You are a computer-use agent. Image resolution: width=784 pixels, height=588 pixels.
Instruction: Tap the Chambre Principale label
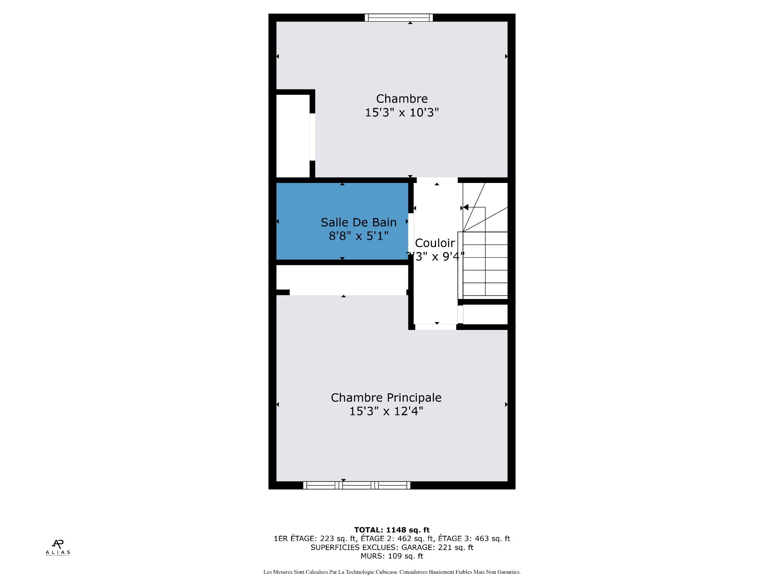[x=386, y=397]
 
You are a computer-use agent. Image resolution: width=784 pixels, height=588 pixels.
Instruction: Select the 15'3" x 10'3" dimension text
[x=402, y=112]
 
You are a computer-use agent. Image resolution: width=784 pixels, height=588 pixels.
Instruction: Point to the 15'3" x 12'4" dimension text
[x=386, y=411]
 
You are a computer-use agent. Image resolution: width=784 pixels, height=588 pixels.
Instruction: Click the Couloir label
[x=435, y=243]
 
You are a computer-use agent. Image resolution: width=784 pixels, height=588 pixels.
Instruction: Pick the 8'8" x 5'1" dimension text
[x=359, y=236]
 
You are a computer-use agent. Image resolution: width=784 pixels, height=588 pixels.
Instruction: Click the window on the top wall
[x=399, y=18]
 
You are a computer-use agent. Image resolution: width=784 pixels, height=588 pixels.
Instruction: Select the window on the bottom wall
[x=356, y=485]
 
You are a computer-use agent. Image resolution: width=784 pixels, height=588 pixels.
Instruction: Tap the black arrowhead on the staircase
[x=466, y=207]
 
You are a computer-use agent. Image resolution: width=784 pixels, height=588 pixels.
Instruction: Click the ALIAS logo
[x=58, y=547]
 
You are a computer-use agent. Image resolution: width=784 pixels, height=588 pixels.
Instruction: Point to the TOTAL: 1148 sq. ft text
[x=392, y=530]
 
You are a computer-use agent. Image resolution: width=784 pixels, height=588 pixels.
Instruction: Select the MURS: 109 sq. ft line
[x=392, y=556]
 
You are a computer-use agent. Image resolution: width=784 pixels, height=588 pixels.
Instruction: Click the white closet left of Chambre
[x=293, y=136]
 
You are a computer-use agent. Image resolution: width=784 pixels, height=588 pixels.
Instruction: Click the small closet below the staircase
[x=485, y=314]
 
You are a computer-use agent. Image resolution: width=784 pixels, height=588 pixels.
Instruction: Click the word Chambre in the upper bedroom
[x=402, y=99]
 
